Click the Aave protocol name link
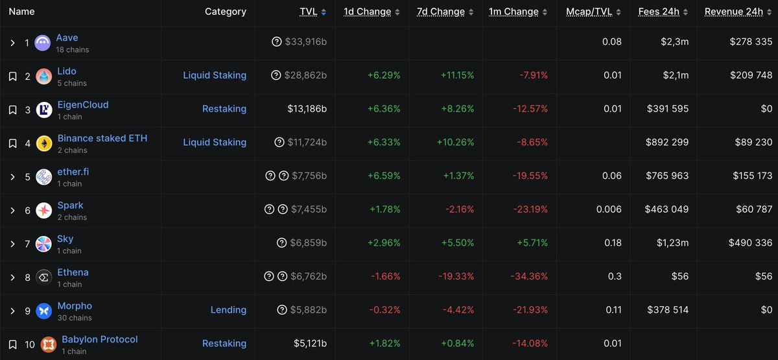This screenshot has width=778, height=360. (x=67, y=38)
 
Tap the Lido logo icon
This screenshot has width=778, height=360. (x=44, y=77)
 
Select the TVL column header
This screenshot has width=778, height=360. (x=309, y=12)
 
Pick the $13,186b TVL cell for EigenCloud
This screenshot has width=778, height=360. (x=307, y=109)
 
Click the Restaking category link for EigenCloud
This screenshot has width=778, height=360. (x=224, y=109)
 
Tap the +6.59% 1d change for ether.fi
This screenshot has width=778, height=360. (x=384, y=176)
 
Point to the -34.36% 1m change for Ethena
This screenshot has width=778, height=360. (x=532, y=276)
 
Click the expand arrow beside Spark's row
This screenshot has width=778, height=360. (x=12, y=210)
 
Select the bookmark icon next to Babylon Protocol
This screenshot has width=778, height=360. (x=12, y=344)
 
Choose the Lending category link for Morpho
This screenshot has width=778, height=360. (x=228, y=310)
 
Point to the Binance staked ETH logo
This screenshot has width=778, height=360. (x=44, y=143)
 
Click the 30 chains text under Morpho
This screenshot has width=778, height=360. (x=75, y=318)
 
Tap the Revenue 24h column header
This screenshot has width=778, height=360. (x=733, y=12)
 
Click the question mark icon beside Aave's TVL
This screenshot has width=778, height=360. (x=277, y=42)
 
